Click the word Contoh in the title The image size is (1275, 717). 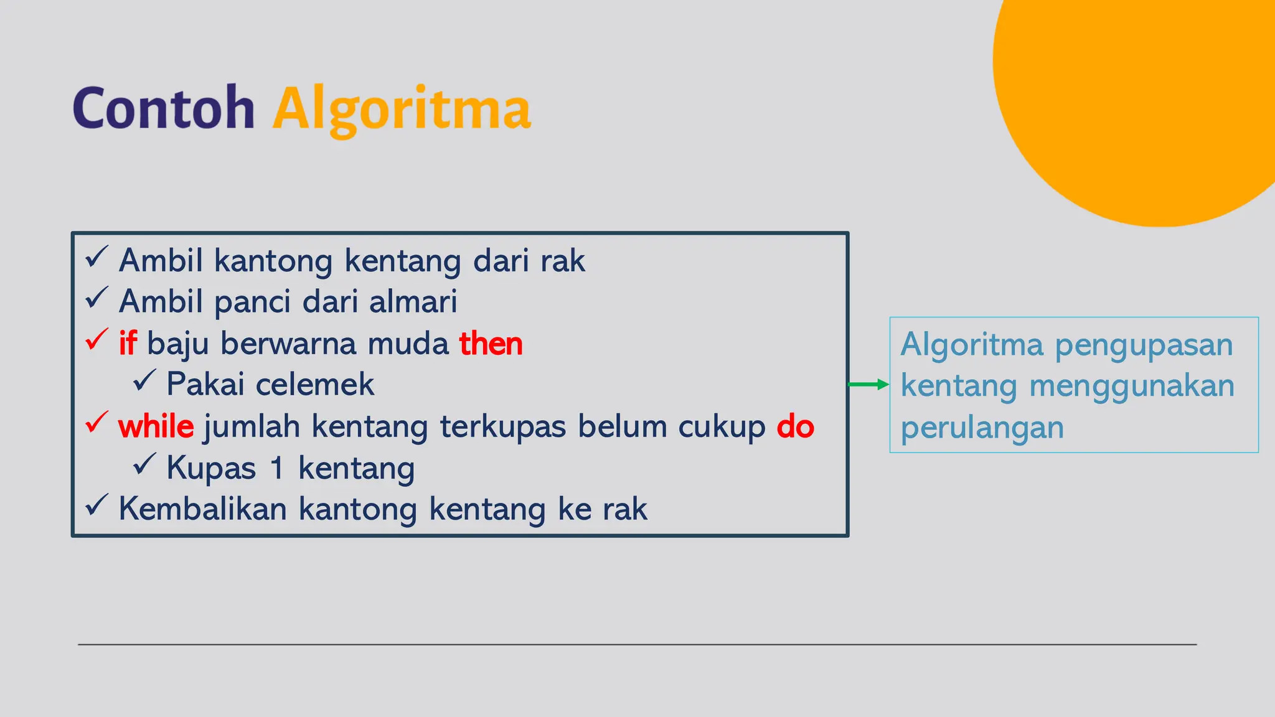click(x=164, y=109)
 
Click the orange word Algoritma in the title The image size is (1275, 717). click(x=402, y=110)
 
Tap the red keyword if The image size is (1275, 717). click(x=128, y=344)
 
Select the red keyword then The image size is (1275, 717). click(x=491, y=344)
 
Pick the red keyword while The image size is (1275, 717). click(x=156, y=427)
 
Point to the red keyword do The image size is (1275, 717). click(x=795, y=427)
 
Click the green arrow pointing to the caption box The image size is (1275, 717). click(x=868, y=385)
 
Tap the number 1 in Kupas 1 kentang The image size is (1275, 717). click(x=277, y=468)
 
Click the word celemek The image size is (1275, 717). click(x=314, y=385)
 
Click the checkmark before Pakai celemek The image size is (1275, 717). click(x=144, y=380)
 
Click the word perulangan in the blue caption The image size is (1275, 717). click(x=982, y=428)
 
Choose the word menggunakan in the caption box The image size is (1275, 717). click(x=1131, y=386)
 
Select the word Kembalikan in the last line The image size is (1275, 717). click(x=203, y=509)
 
